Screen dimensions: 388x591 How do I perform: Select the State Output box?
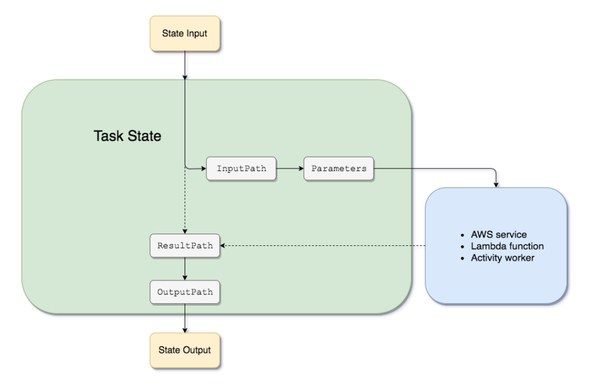(x=185, y=349)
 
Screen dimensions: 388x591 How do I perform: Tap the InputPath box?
(x=241, y=168)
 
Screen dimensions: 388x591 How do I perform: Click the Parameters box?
(x=339, y=168)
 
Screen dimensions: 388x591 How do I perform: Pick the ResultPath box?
(x=185, y=246)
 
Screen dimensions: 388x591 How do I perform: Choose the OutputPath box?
(x=185, y=292)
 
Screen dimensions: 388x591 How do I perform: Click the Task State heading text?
(x=127, y=136)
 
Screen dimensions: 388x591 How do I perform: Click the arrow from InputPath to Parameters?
(x=290, y=168)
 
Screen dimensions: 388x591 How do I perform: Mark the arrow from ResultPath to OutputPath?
(x=185, y=269)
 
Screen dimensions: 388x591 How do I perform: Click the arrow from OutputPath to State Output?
(x=185, y=319)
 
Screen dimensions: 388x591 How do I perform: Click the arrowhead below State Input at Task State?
(x=185, y=77)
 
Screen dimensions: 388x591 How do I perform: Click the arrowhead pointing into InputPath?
(x=204, y=168)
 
